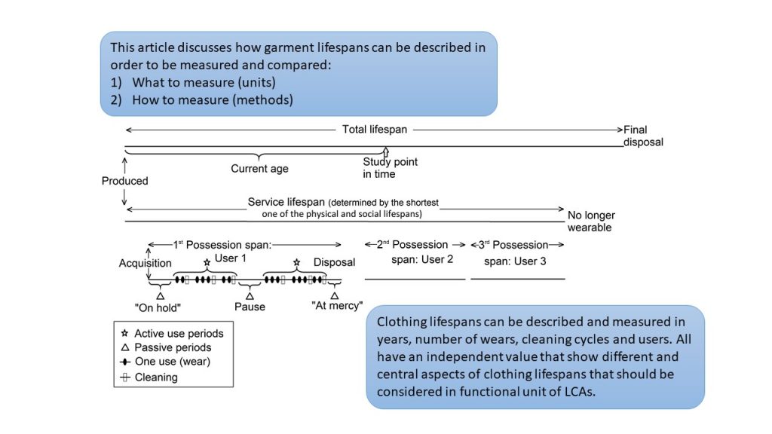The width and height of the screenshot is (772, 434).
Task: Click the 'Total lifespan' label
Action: point(375,130)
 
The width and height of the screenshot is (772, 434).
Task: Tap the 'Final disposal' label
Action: point(643,136)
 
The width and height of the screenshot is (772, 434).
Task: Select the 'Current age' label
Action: point(259,168)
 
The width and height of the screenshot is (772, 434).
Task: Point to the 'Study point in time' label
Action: point(390,168)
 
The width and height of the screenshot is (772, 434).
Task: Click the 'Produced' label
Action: point(124,181)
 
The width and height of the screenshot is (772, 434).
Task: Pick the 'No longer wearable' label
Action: point(591,222)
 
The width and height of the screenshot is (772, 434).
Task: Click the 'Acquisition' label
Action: point(145,263)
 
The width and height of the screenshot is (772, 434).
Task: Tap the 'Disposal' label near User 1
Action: point(334,262)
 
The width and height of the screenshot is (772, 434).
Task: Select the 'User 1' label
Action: point(231,258)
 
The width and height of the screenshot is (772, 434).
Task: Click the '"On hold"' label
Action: point(158,307)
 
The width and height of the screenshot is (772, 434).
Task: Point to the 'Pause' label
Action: point(250,307)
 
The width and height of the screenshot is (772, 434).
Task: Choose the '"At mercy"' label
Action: point(337,306)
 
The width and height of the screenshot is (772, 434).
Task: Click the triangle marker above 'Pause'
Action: point(250,296)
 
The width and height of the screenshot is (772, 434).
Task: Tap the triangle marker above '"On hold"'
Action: point(160,296)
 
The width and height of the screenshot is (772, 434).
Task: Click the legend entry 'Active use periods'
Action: point(172,334)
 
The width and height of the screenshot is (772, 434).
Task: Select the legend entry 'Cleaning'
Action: point(149,377)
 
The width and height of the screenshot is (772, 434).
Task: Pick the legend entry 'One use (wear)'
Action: point(165,362)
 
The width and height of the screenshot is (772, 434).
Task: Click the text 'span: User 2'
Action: point(422,259)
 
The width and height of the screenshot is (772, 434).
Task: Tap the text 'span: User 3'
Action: point(515,261)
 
